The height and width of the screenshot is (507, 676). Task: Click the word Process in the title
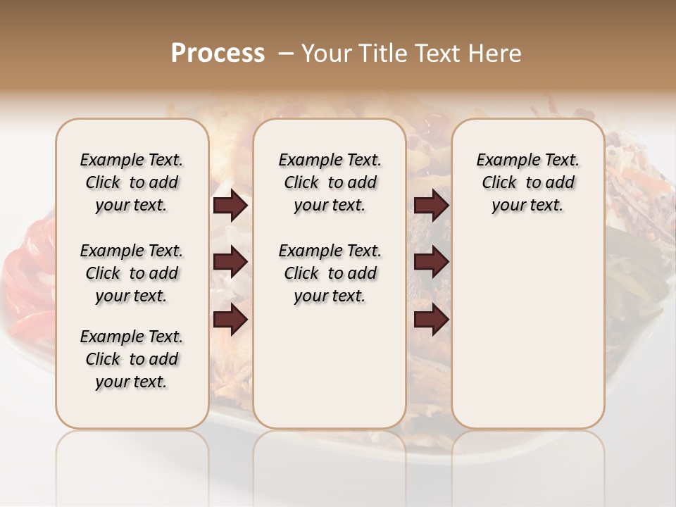pos(218,54)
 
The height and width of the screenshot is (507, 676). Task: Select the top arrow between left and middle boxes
pos(230,206)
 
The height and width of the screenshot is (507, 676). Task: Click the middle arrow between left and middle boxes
pos(230,263)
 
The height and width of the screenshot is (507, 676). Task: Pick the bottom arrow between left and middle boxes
pos(230,320)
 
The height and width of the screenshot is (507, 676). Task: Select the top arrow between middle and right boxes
pos(432,206)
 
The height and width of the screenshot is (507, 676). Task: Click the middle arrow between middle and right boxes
pos(432,263)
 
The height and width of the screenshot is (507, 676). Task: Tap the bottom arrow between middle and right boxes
pos(432,320)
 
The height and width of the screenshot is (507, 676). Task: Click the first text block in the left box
pos(132,182)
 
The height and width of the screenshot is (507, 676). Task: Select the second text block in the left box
pos(132,273)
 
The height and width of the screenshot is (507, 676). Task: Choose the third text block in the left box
pos(132,359)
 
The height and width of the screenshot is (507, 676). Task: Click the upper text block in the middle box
pos(330,182)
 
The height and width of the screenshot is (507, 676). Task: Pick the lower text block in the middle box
pos(330,273)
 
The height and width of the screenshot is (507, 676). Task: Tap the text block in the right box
pos(528,182)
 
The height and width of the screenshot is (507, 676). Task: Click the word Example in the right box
pos(503,161)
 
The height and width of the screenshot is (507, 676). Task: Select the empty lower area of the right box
pos(528,331)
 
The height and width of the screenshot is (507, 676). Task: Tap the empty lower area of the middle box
pos(330,366)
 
